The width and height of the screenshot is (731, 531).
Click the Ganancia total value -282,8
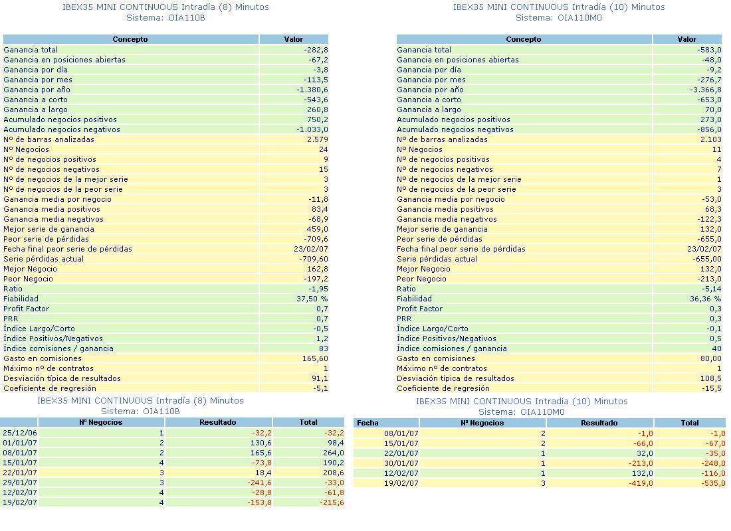click(316, 50)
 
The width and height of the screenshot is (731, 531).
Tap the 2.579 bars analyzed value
click(316, 139)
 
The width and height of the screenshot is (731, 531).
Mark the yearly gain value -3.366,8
click(706, 90)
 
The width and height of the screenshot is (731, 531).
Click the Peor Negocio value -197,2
click(316, 279)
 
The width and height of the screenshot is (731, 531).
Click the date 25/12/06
click(20, 433)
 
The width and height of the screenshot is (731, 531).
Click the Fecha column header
click(367, 423)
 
